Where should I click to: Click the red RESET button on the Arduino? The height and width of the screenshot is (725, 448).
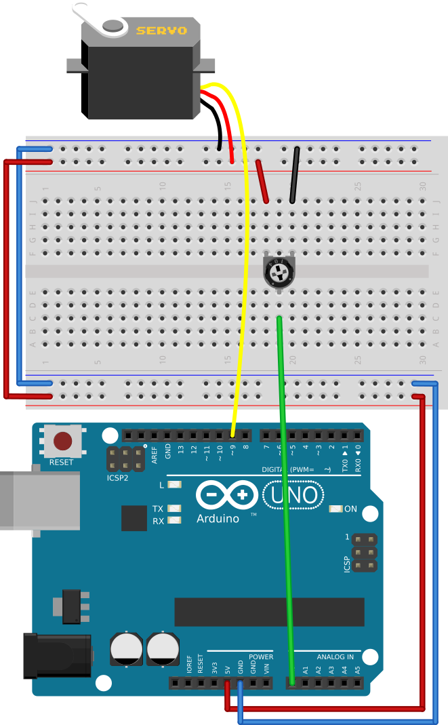63,442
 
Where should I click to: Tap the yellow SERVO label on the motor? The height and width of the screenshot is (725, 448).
161,31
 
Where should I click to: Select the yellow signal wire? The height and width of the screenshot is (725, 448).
243,271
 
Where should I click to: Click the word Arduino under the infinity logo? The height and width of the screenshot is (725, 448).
218,519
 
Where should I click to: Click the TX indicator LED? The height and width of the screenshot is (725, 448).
176,508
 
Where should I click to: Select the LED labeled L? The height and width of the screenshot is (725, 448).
176,485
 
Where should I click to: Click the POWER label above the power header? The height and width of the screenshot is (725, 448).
261,657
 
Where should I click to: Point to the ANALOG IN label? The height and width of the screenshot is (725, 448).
335,657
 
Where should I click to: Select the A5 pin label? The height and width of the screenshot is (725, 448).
357,669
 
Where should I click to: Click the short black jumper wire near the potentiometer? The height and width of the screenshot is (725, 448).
294,175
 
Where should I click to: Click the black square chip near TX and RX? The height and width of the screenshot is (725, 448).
134,518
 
